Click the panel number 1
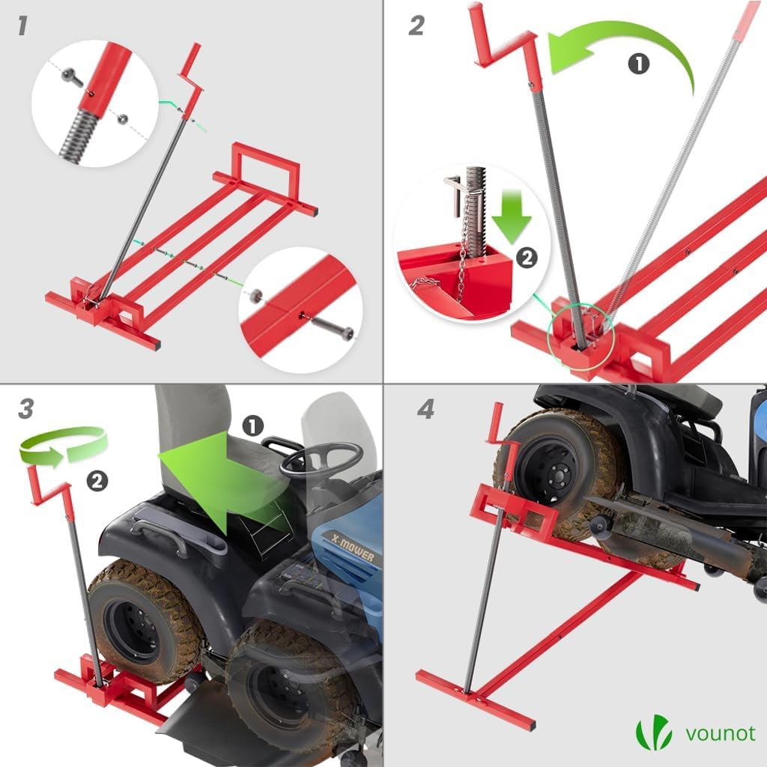(22, 25)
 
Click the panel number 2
(416, 25)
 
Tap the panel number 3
(26, 409)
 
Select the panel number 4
(426, 409)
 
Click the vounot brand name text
(721, 734)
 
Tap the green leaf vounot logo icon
(653, 733)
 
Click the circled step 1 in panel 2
(638, 64)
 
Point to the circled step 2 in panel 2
(527, 258)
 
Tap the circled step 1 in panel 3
(252, 426)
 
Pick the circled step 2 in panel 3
(97, 482)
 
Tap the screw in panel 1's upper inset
(73, 77)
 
